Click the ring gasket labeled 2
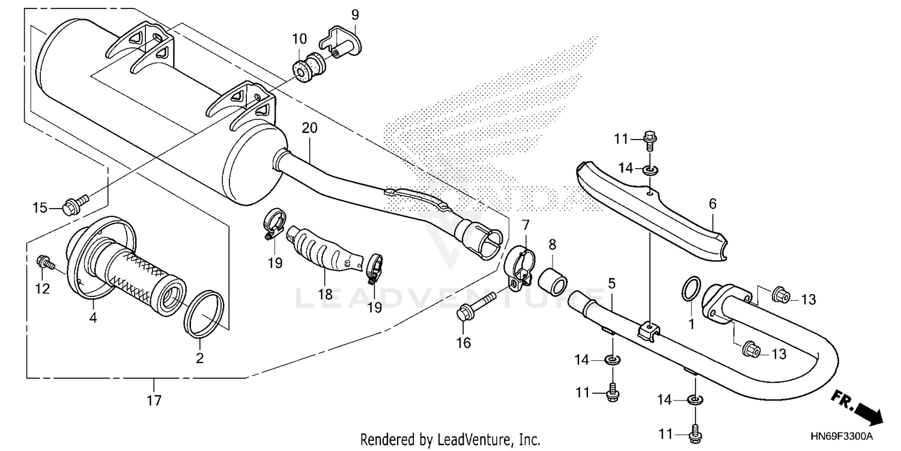pos(204,313)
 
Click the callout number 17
pos(154,400)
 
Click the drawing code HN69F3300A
pos(843,435)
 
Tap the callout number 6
pos(712,204)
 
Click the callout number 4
pos(93,318)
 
